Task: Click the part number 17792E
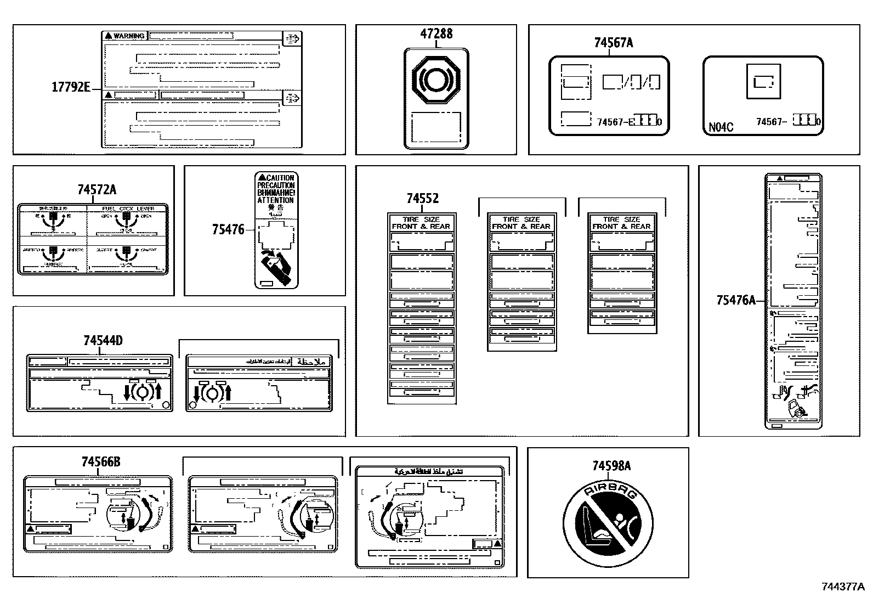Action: (x=71, y=87)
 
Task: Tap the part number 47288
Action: (x=436, y=33)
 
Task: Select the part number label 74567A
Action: (x=613, y=42)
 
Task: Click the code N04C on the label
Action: (x=721, y=127)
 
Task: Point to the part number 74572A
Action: (x=97, y=190)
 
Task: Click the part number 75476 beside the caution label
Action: (x=228, y=230)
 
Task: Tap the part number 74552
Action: (x=422, y=199)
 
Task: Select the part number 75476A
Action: (x=735, y=300)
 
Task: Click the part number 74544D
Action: (x=103, y=341)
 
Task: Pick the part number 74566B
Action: (x=100, y=462)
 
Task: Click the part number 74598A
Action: (x=611, y=466)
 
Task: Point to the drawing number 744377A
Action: (x=842, y=587)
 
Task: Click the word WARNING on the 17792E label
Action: (x=129, y=36)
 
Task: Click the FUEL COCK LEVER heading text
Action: (x=128, y=208)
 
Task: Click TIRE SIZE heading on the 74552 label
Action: (x=421, y=219)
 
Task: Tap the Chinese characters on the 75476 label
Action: (x=276, y=208)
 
